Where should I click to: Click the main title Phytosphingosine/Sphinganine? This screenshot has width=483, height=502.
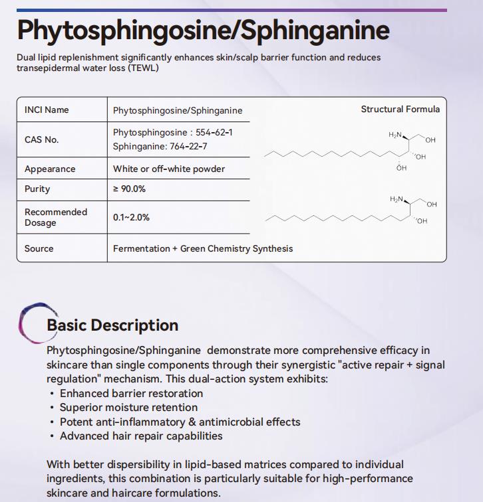point(203,31)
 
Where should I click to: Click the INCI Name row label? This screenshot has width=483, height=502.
point(47,110)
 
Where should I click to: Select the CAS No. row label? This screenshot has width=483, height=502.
point(41,139)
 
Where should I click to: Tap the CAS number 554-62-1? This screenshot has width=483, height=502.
point(214,133)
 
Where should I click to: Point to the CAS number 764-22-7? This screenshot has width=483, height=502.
point(188,146)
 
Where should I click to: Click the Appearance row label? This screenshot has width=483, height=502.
point(50,169)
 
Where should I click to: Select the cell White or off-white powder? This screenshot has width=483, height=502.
point(169,169)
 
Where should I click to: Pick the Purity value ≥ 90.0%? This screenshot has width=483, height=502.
point(129,189)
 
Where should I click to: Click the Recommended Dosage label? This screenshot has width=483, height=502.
point(56,217)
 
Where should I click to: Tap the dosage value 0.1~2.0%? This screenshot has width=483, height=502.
point(131,217)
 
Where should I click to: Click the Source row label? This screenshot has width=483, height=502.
point(39,248)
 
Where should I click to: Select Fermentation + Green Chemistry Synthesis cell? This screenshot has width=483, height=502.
point(203,248)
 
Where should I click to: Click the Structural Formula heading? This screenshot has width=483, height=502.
point(400,109)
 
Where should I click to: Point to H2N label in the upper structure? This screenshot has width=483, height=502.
point(395,135)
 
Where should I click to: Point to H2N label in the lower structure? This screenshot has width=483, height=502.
point(397,199)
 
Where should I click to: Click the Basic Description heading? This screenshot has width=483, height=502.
point(112,325)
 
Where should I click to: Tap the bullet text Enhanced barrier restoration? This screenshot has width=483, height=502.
point(131,393)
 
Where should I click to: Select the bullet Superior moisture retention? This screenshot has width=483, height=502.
point(128,407)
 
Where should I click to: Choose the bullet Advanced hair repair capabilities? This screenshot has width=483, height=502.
point(141,436)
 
